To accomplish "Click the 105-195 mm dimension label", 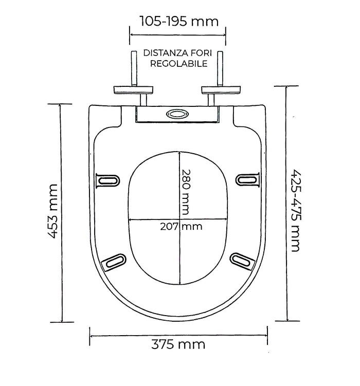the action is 179,21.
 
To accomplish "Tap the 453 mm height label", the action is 53,211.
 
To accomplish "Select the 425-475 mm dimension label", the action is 296,211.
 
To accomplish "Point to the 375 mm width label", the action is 178,344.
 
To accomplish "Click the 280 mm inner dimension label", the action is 186,192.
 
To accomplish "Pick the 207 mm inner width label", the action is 181,227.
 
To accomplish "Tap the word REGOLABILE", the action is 179,64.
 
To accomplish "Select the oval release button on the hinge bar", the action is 177,114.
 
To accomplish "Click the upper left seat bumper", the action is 107,180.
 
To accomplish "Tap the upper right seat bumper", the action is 248,179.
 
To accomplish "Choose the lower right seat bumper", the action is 242,262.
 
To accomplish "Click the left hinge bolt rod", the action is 134,68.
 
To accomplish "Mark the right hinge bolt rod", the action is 220,68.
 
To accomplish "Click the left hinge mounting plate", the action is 133,90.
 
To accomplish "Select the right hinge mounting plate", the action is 221,90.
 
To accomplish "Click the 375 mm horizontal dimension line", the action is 178,336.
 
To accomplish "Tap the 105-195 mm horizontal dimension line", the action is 178,35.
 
